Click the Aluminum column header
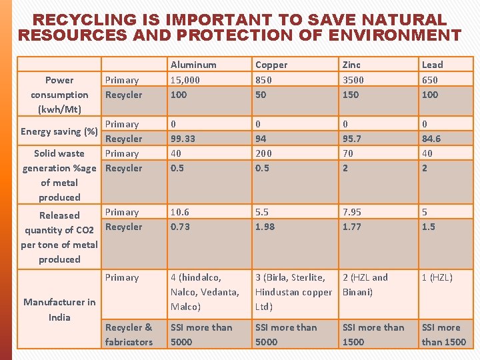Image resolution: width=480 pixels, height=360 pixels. tap(193, 65)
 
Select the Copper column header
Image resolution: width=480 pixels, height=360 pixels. tap(271, 65)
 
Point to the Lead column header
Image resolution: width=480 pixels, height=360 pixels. tap(432, 65)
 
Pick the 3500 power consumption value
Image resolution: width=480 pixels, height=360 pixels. tap(353, 80)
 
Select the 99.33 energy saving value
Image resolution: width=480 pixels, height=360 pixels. tap(183, 139)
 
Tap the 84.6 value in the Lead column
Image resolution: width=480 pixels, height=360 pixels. tap(431, 139)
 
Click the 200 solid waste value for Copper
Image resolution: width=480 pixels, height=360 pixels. tap(263, 153)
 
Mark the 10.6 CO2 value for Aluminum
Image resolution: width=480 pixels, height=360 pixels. tap(180, 212)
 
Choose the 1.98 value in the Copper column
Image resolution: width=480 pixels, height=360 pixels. tap(265, 227)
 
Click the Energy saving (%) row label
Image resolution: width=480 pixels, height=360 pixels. tap(59, 131)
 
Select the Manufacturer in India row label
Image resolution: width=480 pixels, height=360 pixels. tap(59, 309)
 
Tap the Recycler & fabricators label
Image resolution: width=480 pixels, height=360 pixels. tap(129, 335)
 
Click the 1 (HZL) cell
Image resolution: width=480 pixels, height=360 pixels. tap(437, 277)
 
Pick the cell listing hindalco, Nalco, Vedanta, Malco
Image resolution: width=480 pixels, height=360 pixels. tap(205, 292)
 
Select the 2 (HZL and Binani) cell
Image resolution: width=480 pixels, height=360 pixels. tap(365, 285)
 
